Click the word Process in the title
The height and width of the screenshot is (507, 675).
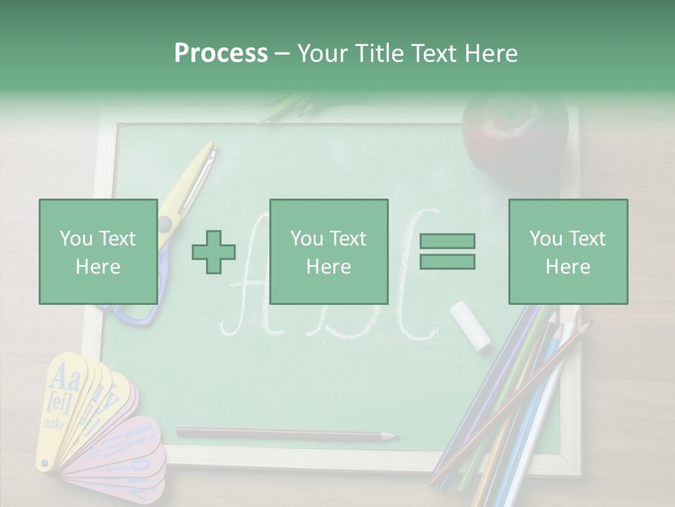pyautogui.click(x=221, y=53)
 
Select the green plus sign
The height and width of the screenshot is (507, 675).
pyautogui.click(x=214, y=251)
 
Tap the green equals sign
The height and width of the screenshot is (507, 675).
pyautogui.click(x=447, y=251)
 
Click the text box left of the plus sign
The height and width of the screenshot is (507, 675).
pyautogui.click(x=98, y=251)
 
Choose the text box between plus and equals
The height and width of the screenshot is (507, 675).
pyautogui.click(x=328, y=251)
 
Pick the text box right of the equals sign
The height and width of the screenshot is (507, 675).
pyautogui.click(x=567, y=251)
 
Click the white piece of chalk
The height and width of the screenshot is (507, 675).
pyautogui.click(x=470, y=325)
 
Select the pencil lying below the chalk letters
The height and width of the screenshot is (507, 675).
pyautogui.click(x=281, y=434)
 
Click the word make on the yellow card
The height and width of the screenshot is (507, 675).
pyautogui.click(x=54, y=424)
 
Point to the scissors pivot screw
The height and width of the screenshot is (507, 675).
pyautogui.click(x=165, y=224)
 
